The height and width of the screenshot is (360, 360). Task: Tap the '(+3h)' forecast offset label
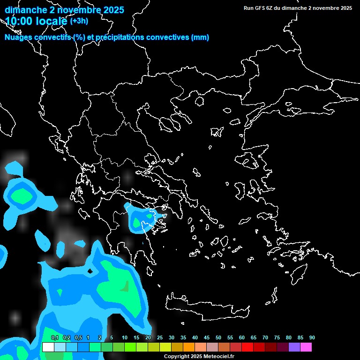point(79,21)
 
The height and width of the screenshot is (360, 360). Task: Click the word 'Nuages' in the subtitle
point(19,37)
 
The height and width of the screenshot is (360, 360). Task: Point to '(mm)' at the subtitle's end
point(200,37)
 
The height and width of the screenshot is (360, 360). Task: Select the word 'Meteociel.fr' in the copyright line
point(219,357)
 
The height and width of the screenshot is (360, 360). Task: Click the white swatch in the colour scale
point(48,347)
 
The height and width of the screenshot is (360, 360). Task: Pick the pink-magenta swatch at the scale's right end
point(306,347)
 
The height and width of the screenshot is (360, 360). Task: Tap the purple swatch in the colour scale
point(294,347)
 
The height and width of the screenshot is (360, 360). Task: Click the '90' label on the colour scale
point(312,338)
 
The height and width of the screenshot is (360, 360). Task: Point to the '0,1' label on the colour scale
point(54,338)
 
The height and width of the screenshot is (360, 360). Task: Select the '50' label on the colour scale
point(218,338)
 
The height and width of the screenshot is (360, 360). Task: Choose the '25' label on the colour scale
point(160,338)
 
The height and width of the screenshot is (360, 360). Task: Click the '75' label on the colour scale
point(277,338)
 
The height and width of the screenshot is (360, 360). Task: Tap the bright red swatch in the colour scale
point(247,347)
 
